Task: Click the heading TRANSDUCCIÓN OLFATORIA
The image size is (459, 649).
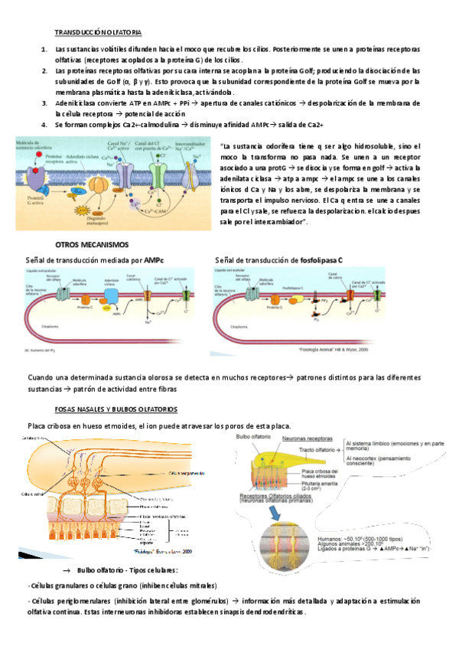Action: tap(98, 33)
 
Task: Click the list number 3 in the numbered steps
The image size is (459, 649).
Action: tap(45, 102)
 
